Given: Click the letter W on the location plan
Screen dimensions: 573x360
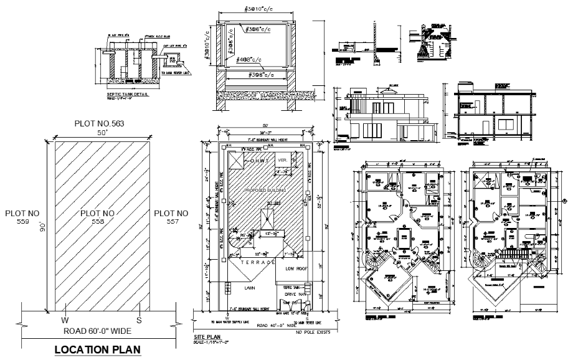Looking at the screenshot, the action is pyautogui.click(x=64, y=320).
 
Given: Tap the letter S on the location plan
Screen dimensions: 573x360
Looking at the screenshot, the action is pyautogui.click(x=140, y=320).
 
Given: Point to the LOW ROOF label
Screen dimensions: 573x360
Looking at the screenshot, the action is pyautogui.click(x=296, y=268).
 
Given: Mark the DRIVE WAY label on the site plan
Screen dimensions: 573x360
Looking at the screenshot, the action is pyautogui.click(x=295, y=293).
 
